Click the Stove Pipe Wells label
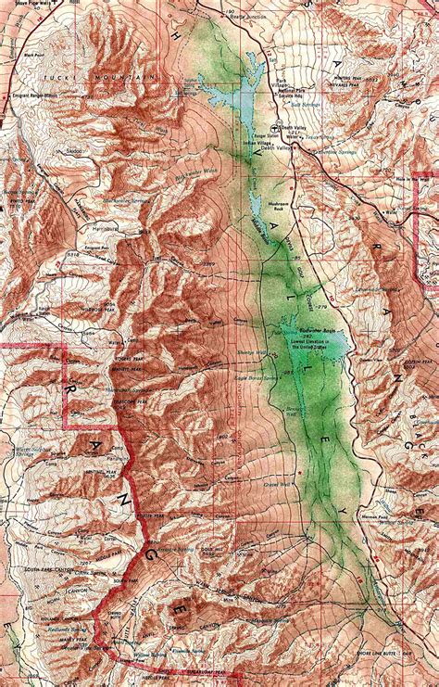[26, 5]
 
